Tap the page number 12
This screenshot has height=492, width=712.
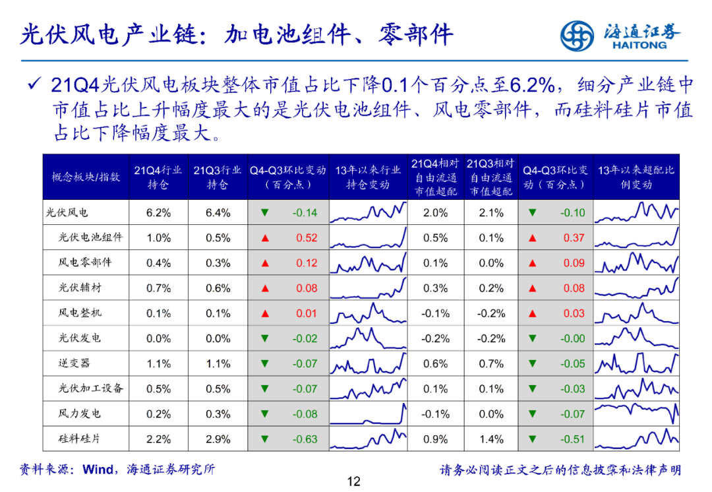pos(354,481)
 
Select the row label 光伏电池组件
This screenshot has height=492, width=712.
pos(90,237)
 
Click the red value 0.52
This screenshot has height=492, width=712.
pos(307,238)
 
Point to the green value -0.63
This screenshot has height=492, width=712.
pos(305,439)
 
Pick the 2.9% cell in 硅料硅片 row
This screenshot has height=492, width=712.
pos(218,439)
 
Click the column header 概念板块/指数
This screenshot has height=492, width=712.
pos(86,177)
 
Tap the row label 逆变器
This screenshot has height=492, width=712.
pos(74,363)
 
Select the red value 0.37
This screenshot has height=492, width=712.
pos(574,238)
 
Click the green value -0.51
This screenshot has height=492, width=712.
pos(572,439)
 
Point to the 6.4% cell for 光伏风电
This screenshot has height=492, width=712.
pos(218,213)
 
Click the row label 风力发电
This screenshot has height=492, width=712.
pos(80,414)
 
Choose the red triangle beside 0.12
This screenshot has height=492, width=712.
pos(265,263)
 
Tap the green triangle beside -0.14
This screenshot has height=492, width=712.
pos(265,213)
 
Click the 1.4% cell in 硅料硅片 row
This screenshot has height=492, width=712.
pos(491,439)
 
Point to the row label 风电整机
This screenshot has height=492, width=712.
pos(80,313)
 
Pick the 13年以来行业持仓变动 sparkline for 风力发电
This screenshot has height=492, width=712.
pos(368,414)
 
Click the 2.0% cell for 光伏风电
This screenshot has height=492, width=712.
pos(435,213)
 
